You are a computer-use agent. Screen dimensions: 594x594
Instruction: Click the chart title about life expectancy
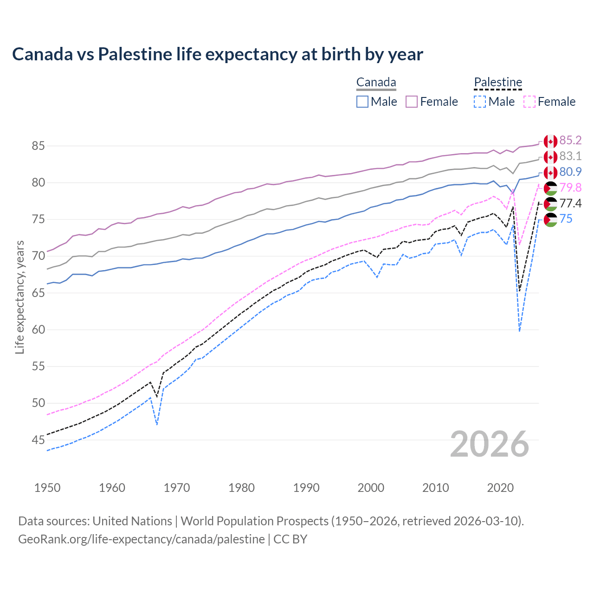click(217, 54)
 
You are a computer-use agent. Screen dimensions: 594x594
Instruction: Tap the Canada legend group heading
click(376, 83)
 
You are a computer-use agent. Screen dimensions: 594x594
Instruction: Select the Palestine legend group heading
click(498, 83)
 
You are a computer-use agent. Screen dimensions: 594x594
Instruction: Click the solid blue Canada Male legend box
click(362, 102)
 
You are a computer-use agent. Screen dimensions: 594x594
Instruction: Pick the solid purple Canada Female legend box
click(412, 102)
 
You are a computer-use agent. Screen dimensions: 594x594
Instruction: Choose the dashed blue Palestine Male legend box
click(480, 102)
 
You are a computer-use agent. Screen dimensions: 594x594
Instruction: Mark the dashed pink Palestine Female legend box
click(529, 102)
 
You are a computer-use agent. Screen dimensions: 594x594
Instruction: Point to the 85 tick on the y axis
click(38, 146)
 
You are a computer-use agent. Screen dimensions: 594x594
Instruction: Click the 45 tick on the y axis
click(38, 440)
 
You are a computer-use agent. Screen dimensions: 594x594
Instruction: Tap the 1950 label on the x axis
click(47, 488)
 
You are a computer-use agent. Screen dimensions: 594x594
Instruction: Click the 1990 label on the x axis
click(306, 488)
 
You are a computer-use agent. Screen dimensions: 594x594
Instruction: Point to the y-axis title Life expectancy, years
click(19, 297)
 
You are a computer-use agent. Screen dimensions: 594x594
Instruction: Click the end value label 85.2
click(570, 141)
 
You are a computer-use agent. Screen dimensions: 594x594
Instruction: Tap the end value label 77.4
click(570, 203)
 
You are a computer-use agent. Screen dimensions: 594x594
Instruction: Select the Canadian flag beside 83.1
click(550, 157)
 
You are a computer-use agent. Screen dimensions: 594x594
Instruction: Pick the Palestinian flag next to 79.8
click(550, 188)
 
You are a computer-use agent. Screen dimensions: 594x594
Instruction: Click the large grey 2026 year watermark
click(489, 444)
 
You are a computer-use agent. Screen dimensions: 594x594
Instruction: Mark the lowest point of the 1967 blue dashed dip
click(157, 424)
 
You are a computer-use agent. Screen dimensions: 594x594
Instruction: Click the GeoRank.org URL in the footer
click(141, 539)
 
